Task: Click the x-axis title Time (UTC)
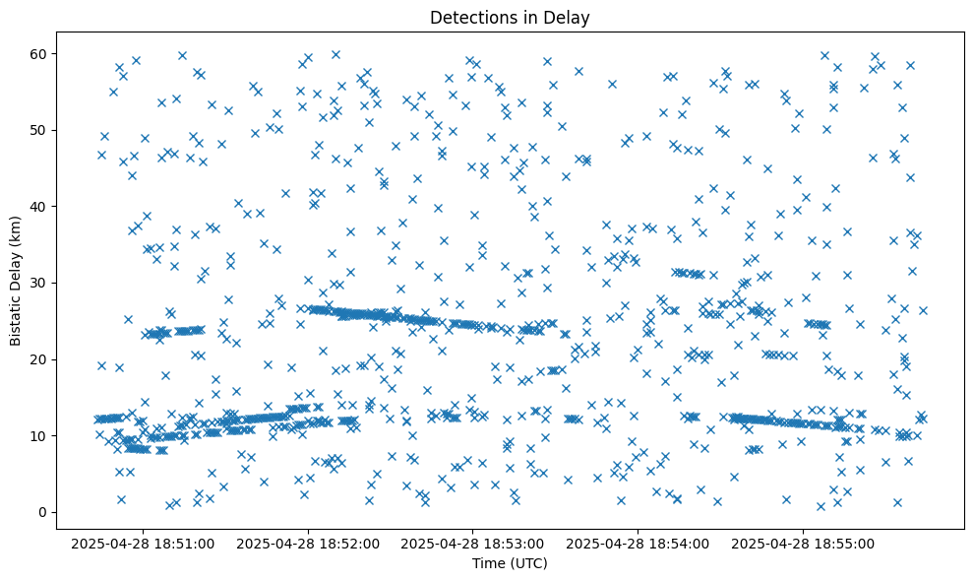(x=510, y=563)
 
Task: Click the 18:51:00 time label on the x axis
(x=142, y=543)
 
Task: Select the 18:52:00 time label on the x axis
(x=307, y=543)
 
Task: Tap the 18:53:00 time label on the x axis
(x=472, y=543)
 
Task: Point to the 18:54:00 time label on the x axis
(x=638, y=543)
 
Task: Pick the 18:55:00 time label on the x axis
(x=803, y=543)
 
